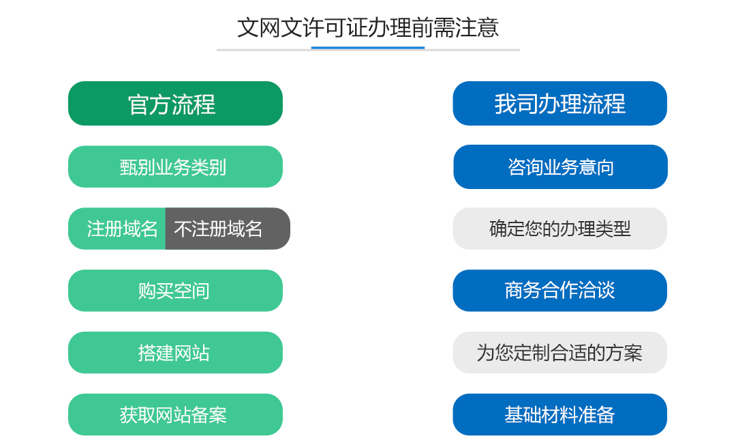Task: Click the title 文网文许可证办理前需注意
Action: pos(368,27)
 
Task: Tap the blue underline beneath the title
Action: pos(368,48)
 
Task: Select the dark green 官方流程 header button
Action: pos(176,104)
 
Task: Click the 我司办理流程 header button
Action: pos(560,104)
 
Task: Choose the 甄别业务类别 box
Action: pos(176,167)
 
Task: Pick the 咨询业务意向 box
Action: pos(560,167)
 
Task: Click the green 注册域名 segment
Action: pos(117,229)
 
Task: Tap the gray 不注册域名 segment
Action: pos(228,229)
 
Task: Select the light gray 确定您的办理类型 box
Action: pos(560,229)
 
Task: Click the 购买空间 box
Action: pos(176,291)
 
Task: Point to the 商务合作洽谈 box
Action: pos(560,291)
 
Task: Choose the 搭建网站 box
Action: pos(176,353)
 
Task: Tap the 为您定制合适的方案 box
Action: pos(560,353)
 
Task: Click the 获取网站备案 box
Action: pos(176,414)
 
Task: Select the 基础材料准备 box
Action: pos(560,414)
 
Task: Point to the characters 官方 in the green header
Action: pos(150,104)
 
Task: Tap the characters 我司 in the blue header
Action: pos(516,104)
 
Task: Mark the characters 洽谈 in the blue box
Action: pos(596,291)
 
